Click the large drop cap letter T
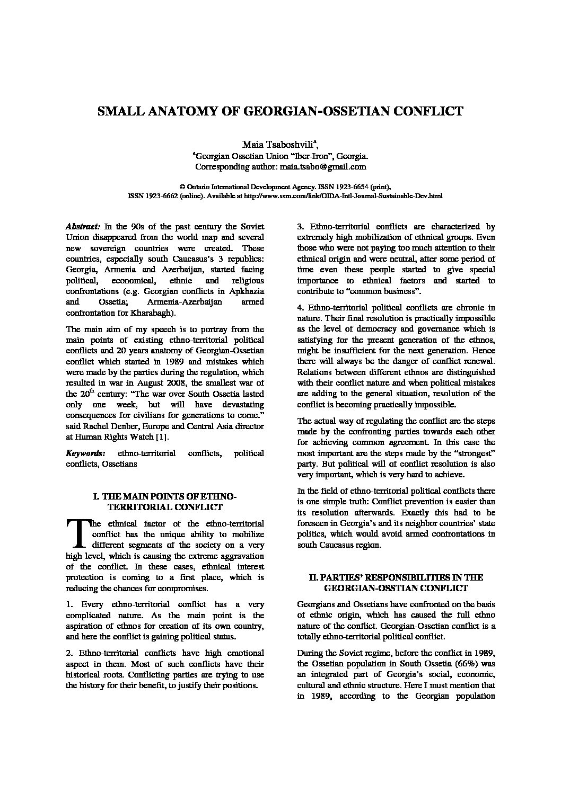click(77, 533)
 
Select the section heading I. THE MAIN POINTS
click(164, 496)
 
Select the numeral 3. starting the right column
click(300, 227)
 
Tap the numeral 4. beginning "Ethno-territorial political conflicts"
click(300, 307)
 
